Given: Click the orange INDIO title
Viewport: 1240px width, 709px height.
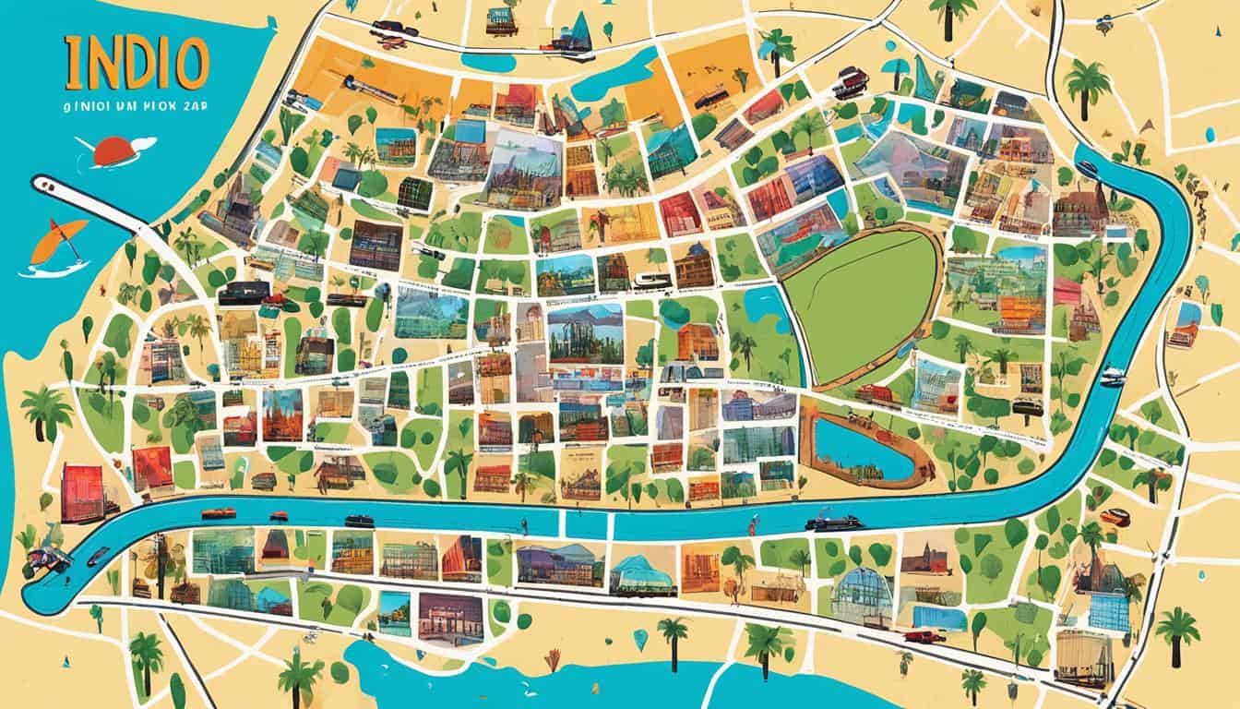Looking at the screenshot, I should click(137, 64).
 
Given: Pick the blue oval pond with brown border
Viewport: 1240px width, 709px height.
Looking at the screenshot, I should click(863, 450).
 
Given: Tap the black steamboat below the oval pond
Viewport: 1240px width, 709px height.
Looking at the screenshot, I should click(834, 522).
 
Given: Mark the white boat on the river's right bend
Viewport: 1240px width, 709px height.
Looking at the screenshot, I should click(1113, 376).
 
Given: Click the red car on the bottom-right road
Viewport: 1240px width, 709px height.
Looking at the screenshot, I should click(923, 636).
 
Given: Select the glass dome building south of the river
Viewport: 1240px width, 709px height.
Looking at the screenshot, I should click(862, 591).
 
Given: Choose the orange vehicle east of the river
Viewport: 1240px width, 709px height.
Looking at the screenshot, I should click(1114, 517).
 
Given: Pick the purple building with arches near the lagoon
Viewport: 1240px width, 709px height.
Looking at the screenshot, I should click(450, 614).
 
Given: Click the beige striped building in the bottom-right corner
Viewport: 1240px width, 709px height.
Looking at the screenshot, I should click(1084, 656).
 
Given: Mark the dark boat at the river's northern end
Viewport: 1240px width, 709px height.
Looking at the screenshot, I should click(1088, 169).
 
